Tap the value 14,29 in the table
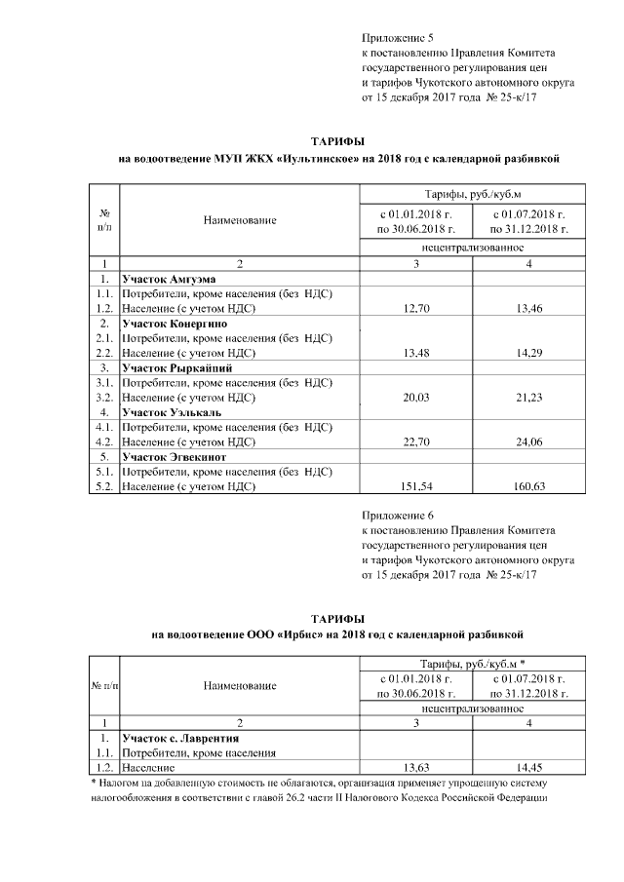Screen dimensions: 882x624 527,353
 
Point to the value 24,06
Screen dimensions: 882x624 527,442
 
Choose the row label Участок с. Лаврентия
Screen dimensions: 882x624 178,738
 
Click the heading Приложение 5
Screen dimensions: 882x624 397,37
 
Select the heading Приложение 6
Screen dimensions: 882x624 397,514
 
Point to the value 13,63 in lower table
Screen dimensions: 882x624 416,768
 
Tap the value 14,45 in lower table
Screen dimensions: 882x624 527,768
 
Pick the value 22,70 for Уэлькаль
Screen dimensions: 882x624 416,442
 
